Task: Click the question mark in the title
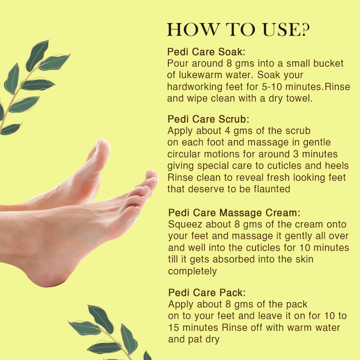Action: [x=306, y=29]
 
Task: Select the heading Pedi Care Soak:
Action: [x=206, y=51]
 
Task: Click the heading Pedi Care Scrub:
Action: [x=208, y=119]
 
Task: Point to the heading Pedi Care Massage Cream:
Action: [x=234, y=213]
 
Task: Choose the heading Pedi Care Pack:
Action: [x=207, y=292]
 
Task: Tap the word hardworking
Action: [x=195, y=87]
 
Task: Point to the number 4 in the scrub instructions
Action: [x=227, y=131]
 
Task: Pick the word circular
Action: [x=184, y=154]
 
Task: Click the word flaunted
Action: [x=272, y=189]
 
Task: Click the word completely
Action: [x=192, y=271]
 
